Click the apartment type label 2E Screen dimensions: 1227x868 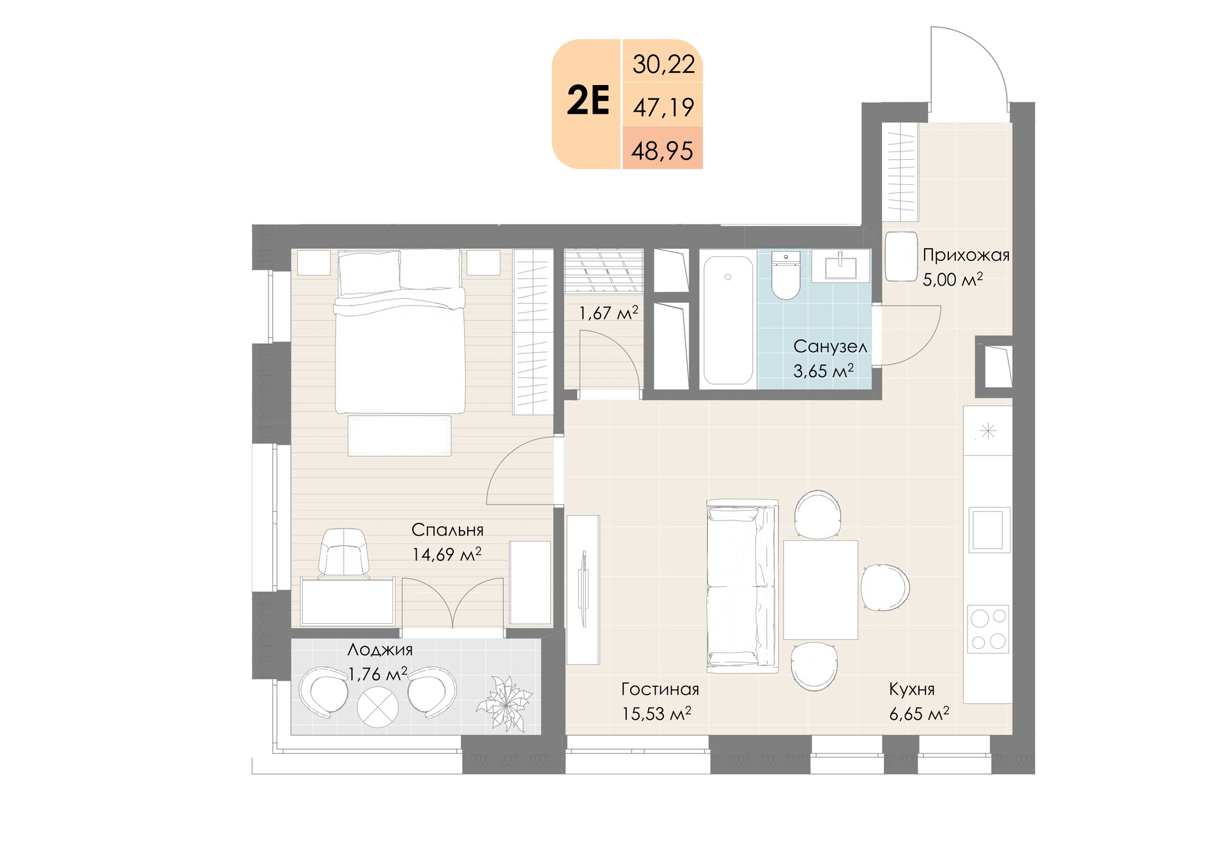pos(588,101)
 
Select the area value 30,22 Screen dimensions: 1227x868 pos(663,65)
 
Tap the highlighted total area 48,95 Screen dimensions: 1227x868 pos(662,151)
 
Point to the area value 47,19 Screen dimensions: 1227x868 pos(663,107)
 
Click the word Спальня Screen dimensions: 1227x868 pos(447,530)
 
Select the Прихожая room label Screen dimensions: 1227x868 pos(966,256)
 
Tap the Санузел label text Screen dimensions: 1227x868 pos(830,346)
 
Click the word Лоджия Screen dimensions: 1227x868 pos(380,650)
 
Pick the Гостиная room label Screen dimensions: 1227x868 pos(660,689)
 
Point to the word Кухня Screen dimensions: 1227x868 pos(912,690)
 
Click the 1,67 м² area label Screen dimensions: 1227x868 pos(608,313)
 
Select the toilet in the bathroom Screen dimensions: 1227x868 pos(785,275)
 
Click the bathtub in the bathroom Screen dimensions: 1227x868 pos(728,320)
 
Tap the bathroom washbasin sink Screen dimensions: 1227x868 pos(840,266)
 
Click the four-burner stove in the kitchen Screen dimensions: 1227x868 pos(988,629)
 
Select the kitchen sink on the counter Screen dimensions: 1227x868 pos(989,529)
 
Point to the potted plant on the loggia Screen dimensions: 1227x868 pos(504,704)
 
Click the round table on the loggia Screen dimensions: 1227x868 pos(378,707)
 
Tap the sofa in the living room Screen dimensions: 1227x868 pos(743,586)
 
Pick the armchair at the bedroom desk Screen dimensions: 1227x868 pos(344,554)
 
